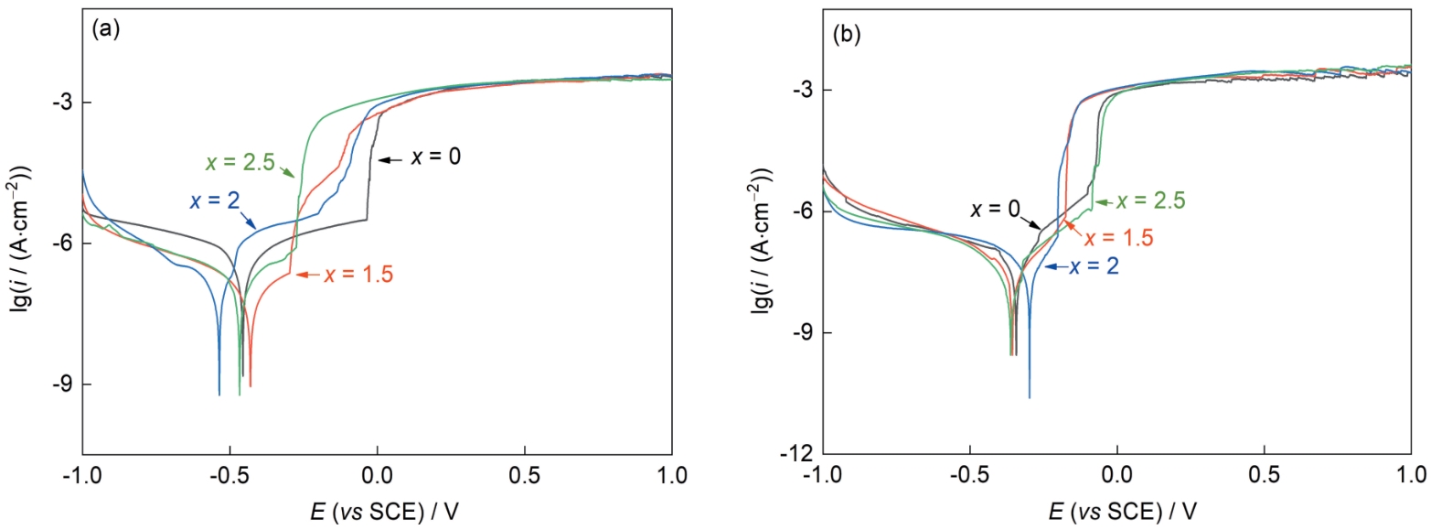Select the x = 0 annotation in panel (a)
pos(434,157)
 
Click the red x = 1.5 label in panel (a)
pos(358,274)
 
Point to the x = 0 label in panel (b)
pos(995,209)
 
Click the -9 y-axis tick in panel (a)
pos(64,384)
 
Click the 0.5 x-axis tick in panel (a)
pos(524,476)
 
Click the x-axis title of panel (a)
pos(377,509)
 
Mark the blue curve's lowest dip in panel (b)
pos(1030,396)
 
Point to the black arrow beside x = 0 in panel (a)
pos(390,159)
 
